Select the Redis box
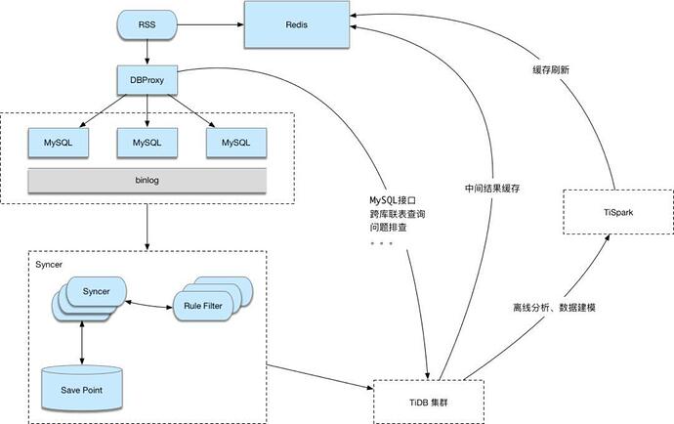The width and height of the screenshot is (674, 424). point(298,25)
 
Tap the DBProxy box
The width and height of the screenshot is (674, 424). point(147,81)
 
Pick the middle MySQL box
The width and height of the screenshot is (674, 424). point(147,143)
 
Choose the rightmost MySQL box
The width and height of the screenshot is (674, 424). point(235,143)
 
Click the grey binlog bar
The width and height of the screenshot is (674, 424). point(147,181)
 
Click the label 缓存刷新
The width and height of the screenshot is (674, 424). point(551,70)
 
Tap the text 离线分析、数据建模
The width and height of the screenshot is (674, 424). point(554,307)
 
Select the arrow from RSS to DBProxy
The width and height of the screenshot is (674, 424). point(147,54)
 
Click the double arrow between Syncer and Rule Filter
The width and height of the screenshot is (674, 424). point(149,303)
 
